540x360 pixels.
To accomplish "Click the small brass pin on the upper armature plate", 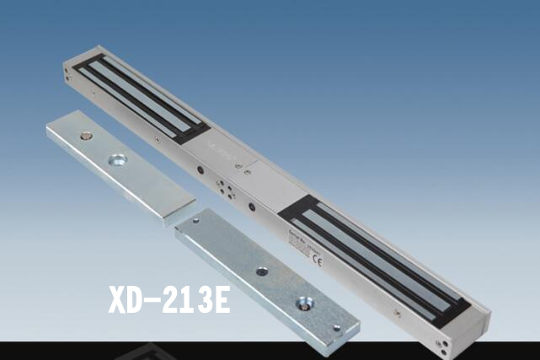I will (x=86, y=135).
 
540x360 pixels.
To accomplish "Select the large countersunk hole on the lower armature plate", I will (x=302, y=302).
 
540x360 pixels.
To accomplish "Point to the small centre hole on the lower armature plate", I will (x=262, y=271).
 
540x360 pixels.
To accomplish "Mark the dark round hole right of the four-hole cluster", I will (x=250, y=205).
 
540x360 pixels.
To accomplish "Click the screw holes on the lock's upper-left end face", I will (x=67, y=76).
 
